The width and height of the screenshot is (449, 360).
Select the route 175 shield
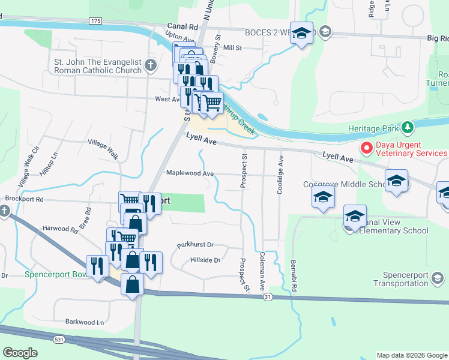[94, 20]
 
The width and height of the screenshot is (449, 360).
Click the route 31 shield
[268, 297]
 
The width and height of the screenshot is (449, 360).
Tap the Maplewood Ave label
[190, 173]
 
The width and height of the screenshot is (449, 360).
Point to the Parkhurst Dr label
[195, 245]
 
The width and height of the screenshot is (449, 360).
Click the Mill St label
[232, 47]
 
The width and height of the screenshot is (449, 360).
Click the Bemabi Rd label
[295, 277]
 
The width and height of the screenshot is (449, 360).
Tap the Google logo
[20, 353]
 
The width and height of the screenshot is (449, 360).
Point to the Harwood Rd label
[61, 229]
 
